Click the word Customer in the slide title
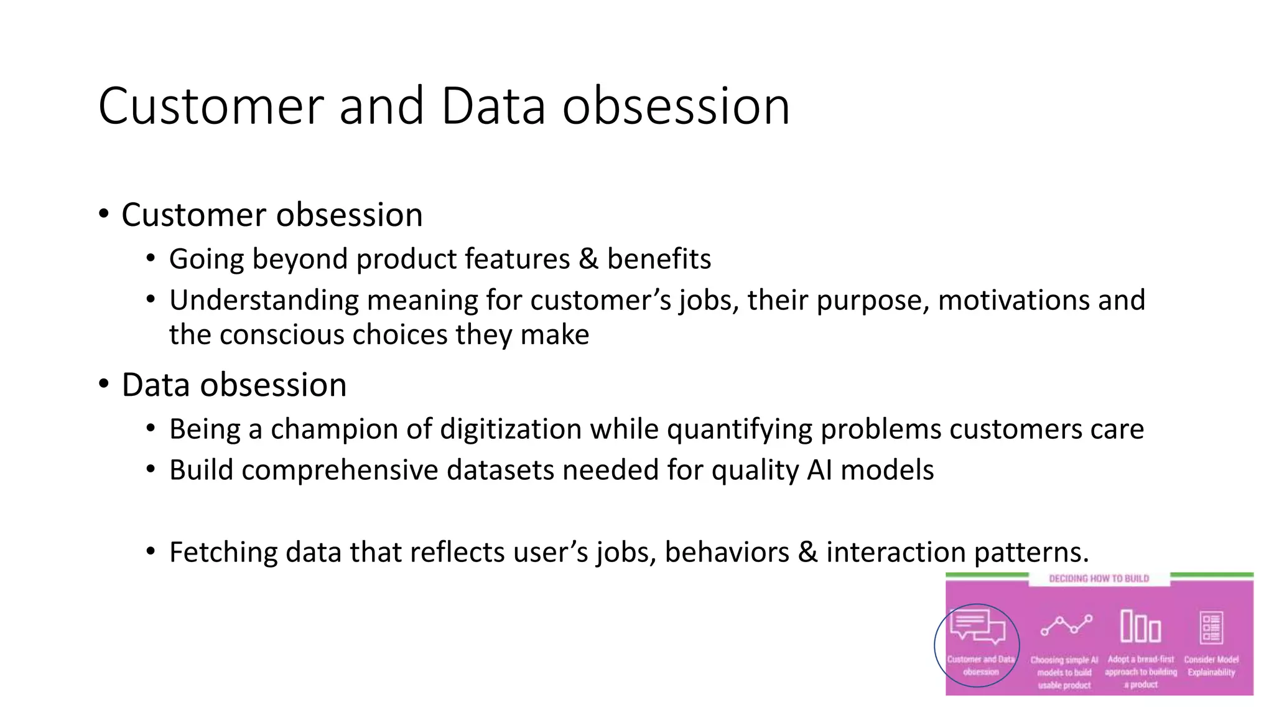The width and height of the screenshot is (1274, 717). pos(210,106)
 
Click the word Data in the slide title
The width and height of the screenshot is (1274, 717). pos(493,106)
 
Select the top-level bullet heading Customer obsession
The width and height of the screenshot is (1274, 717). pos(272,215)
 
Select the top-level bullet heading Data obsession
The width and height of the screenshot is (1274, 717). pos(234,385)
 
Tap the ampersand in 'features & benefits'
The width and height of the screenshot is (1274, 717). pos(588,259)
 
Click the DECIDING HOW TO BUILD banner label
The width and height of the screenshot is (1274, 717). pos(1099,579)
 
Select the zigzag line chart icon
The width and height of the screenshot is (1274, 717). pos(1066,625)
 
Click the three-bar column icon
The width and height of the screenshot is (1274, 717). pos(1140,626)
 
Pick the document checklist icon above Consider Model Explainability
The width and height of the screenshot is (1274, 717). pos(1211,627)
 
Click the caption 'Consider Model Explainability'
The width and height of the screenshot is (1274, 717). pos(1211,666)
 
